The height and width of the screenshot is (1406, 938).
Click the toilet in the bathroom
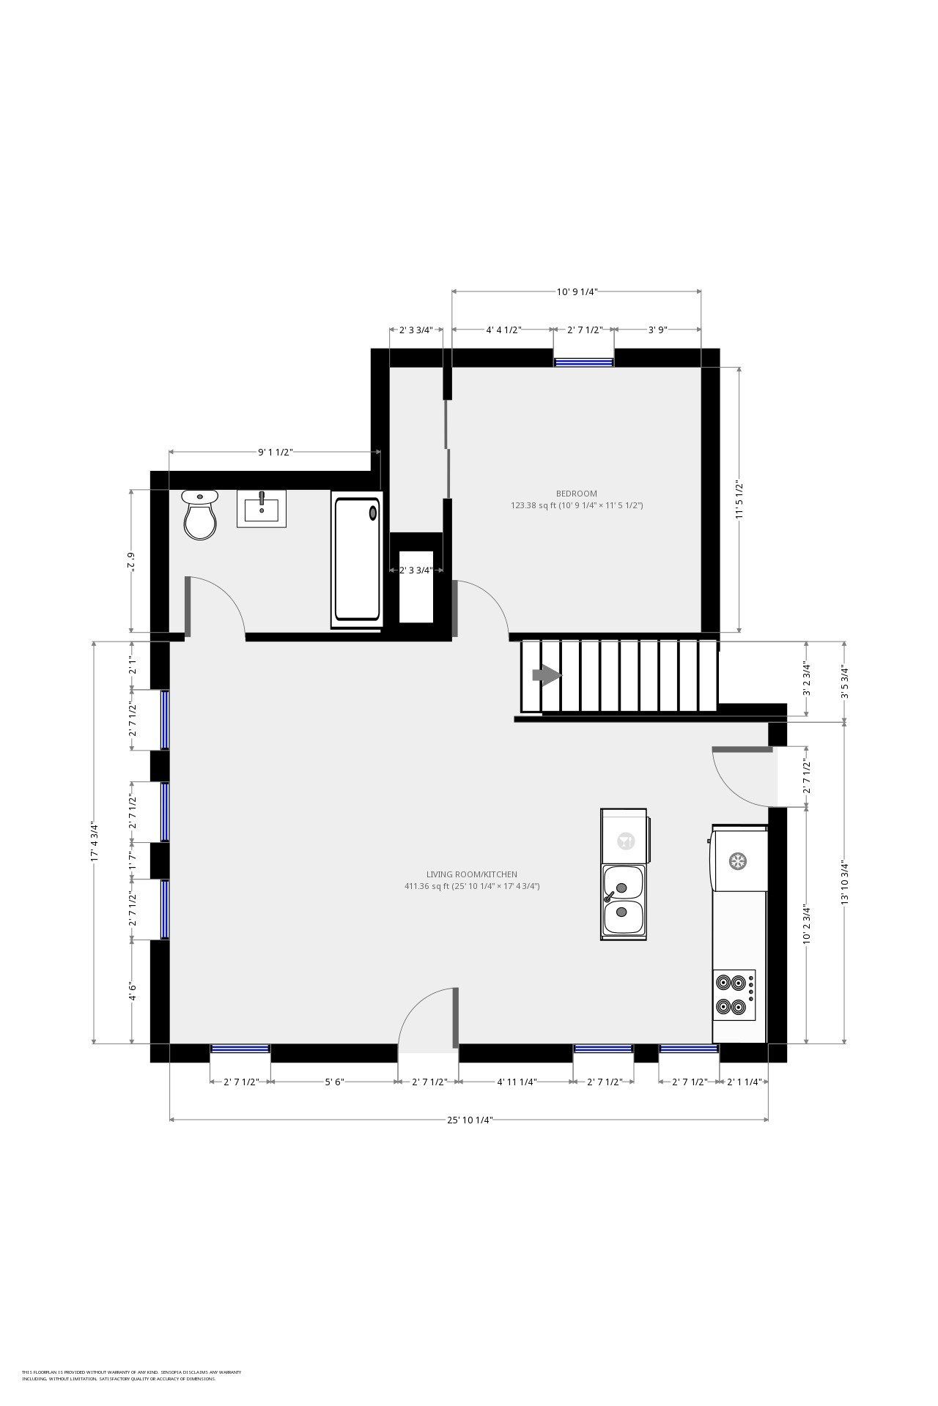click(200, 516)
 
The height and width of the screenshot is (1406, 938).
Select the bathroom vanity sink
click(261, 508)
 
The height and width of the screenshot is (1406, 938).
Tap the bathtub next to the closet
click(357, 559)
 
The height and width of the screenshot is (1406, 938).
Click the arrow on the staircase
click(546, 674)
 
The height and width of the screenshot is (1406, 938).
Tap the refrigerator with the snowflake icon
click(738, 860)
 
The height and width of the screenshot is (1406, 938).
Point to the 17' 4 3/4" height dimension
click(94, 842)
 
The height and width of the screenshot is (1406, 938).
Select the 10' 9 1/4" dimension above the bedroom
click(577, 291)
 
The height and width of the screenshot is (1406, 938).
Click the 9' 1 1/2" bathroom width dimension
click(275, 452)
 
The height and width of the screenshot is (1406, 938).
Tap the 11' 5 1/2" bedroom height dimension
click(739, 499)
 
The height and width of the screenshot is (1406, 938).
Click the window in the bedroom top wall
click(583, 361)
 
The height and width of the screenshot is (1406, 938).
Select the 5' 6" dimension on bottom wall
click(334, 1082)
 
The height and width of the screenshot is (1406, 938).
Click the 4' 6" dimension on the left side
click(133, 992)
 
